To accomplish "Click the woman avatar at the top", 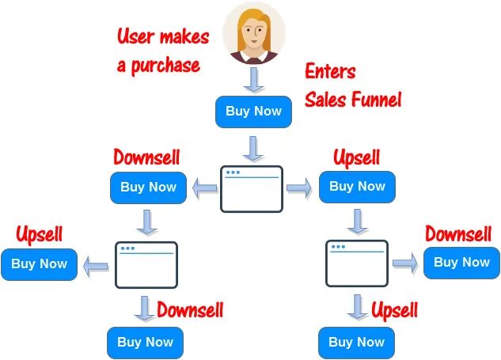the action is [x=253, y=32].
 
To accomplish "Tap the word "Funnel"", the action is [x=376, y=99].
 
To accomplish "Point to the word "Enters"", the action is [x=330, y=71].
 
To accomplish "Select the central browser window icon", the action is [x=252, y=188].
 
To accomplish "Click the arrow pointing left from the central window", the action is [x=206, y=188].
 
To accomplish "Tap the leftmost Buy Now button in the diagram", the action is [x=39, y=263].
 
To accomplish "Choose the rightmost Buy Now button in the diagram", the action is [x=461, y=262].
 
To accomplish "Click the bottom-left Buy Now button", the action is [x=145, y=342].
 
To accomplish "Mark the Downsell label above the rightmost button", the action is [x=458, y=235].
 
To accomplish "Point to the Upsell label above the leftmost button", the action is [x=39, y=235].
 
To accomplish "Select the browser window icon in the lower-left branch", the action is [x=146, y=264].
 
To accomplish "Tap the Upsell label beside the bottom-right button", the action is [x=394, y=309].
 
